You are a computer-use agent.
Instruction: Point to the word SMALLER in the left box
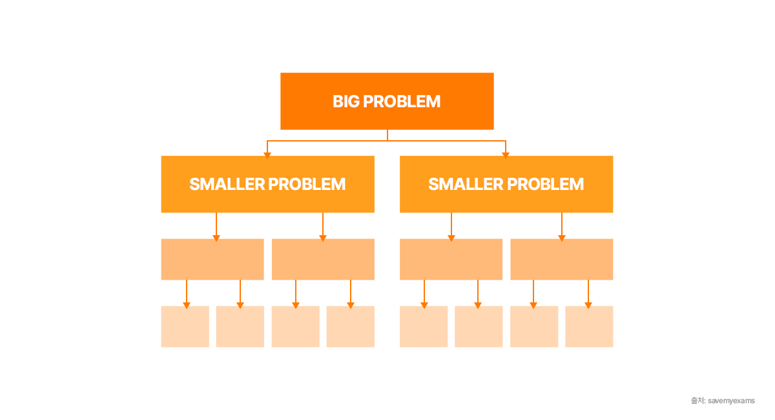[x=227, y=184]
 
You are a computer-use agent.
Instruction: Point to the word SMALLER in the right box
[x=466, y=184]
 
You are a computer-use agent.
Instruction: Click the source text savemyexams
[x=731, y=401]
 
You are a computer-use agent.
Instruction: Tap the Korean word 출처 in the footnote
[x=697, y=401]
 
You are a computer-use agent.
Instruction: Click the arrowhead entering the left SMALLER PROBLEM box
[x=267, y=154]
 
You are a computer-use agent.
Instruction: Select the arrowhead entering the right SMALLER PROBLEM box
[x=506, y=154]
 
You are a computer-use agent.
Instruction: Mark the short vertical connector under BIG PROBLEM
[x=387, y=134]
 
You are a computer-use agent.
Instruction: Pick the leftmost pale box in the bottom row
[x=185, y=326]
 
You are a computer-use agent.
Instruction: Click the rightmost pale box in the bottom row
[x=589, y=326]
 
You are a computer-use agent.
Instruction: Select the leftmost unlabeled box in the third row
[x=212, y=259]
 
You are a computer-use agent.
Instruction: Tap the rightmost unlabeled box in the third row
[x=561, y=259]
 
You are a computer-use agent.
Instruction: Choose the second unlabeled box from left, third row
[x=323, y=259]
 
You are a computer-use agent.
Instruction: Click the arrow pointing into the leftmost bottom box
[x=187, y=304]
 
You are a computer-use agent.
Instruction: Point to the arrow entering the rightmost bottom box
[x=588, y=304]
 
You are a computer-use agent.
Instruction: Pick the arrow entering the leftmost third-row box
[x=216, y=237]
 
